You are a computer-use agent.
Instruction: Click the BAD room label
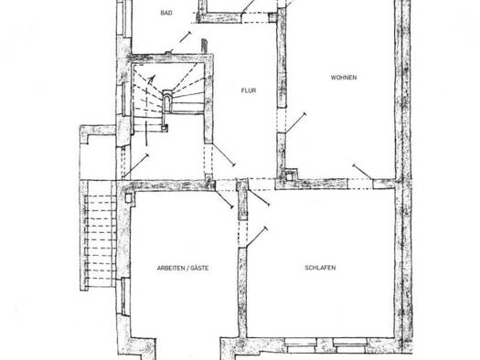click(166, 13)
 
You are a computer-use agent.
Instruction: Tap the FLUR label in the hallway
click(249, 90)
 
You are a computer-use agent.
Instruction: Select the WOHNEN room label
click(344, 78)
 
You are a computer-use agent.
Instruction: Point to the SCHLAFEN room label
click(320, 268)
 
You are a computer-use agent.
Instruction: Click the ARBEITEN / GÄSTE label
click(183, 269)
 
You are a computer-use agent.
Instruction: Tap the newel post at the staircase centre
click(166, 101)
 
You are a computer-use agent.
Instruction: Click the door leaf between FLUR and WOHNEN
click(295, 123)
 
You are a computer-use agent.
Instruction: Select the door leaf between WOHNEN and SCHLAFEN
click(362, 172)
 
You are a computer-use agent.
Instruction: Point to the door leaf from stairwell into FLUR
click(224, 155)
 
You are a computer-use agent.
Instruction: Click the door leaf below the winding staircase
click(135, 166)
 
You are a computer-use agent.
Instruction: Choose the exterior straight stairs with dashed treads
click(99, 235)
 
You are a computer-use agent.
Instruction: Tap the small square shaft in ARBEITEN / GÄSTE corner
click(129, 198)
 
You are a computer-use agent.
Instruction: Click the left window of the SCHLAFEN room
click(301, 345)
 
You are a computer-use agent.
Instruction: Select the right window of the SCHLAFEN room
click(350, 345)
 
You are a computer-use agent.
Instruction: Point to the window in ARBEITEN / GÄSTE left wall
click(124, 296)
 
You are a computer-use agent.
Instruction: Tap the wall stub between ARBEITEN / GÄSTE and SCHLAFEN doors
click(242, 199)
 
